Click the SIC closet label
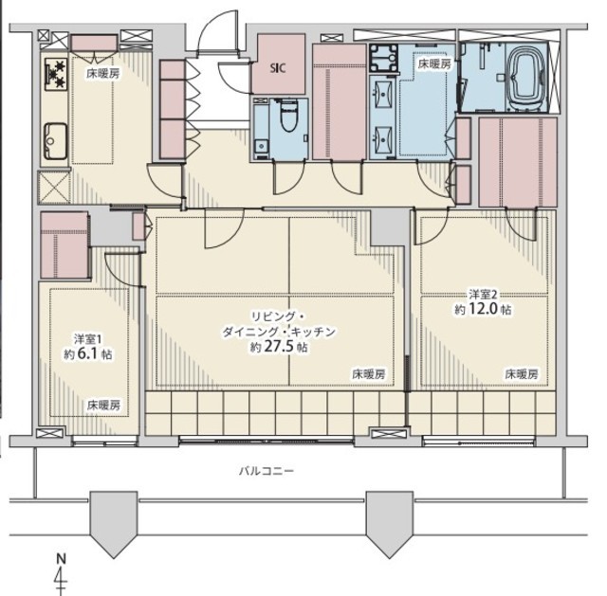pos(278,68)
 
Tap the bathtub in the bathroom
pos(526,79)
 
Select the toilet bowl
pos(288,115)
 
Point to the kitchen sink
pos(55,141)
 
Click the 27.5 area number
pos(278,346)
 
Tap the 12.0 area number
pos(483,309)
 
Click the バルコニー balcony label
pos(267,471)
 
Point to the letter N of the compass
pos(61,559)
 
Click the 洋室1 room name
pos(88,339)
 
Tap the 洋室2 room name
pos(483,295)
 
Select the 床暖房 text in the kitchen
pos(102,74)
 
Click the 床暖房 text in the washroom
pos(434,63)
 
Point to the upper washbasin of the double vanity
pos(383,94)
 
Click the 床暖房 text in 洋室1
pos(103,405)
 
